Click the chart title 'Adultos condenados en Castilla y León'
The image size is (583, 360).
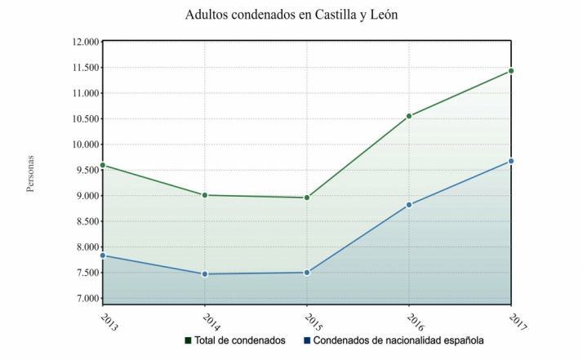click(291, 15)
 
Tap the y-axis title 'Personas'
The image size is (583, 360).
click(30, 173)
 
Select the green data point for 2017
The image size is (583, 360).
click(511, 71)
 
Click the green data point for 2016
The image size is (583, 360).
click(409, 116)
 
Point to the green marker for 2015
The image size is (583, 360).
click(307, 198)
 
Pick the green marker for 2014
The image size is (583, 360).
click(205, 195)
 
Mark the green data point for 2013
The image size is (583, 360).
click(103, 165)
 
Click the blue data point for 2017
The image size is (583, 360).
click(511, 161)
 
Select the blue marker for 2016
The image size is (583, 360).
click(409, 205)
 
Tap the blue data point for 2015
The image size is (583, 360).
click(307, 273)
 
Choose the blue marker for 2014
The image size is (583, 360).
click(205, 274)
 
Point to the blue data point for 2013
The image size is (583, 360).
click(103, 256)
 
